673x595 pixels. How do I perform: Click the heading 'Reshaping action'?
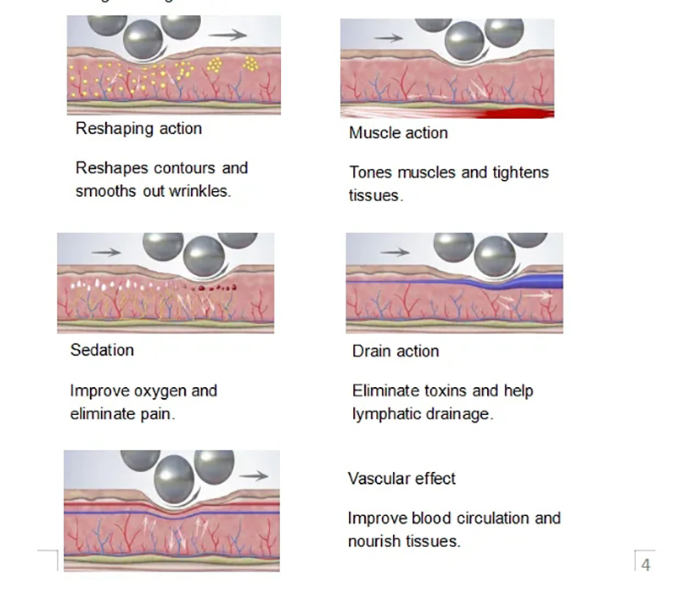139,129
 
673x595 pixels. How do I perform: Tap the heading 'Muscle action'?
398,133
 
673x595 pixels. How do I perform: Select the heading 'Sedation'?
102,349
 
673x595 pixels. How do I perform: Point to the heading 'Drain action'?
395,351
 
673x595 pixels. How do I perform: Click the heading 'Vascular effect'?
401,479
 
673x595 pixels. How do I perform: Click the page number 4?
645,565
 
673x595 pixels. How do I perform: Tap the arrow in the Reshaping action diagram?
227,35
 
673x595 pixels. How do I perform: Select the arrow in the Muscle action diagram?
388,38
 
